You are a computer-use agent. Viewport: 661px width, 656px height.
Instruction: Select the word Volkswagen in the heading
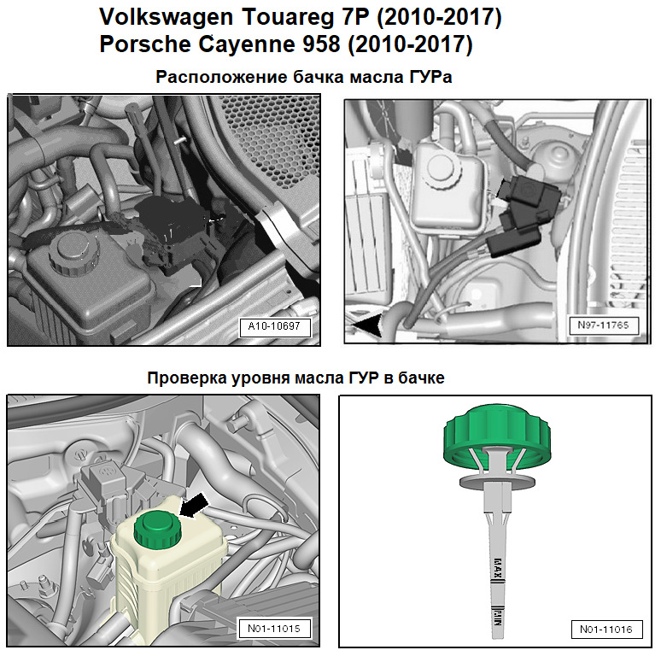point(166,18)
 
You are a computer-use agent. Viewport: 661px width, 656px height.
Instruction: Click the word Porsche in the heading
point(145,44)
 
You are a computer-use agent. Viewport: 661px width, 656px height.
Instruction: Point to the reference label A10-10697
point(274,327)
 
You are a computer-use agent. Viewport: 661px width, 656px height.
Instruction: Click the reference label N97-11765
point(603,325)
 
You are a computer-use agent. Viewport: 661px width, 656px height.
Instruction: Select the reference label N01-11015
point(274,629)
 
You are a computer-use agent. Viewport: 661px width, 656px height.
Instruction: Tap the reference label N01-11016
point(606,630)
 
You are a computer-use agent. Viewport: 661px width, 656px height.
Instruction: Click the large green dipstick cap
point(497,436)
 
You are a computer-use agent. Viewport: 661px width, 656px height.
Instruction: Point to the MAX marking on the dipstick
point(497,569)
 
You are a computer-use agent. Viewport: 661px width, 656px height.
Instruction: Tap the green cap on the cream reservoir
point(158,530)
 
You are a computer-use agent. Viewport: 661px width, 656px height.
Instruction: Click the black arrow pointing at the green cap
point(194,505)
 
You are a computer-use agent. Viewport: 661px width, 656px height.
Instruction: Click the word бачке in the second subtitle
point(421,378)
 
